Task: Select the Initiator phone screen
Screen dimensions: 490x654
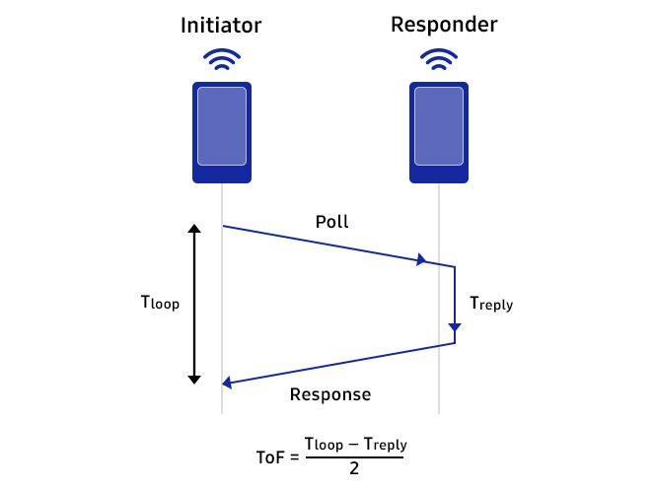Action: pos(222,126)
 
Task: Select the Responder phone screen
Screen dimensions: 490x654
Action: pos(439,126)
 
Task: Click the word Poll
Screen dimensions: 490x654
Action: pos(332,223)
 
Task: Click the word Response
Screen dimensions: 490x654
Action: pos(330,395)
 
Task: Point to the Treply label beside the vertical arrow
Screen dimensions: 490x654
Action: pos(491,305)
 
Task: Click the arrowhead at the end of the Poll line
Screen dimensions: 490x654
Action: pos(422,260)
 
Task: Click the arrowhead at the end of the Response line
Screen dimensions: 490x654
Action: pos(228,383)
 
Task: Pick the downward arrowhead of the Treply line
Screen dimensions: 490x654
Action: pos(455,327)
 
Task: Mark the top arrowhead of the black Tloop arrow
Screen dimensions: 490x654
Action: pos(194,231)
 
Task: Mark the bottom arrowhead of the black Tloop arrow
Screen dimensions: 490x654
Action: pos(194,378)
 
